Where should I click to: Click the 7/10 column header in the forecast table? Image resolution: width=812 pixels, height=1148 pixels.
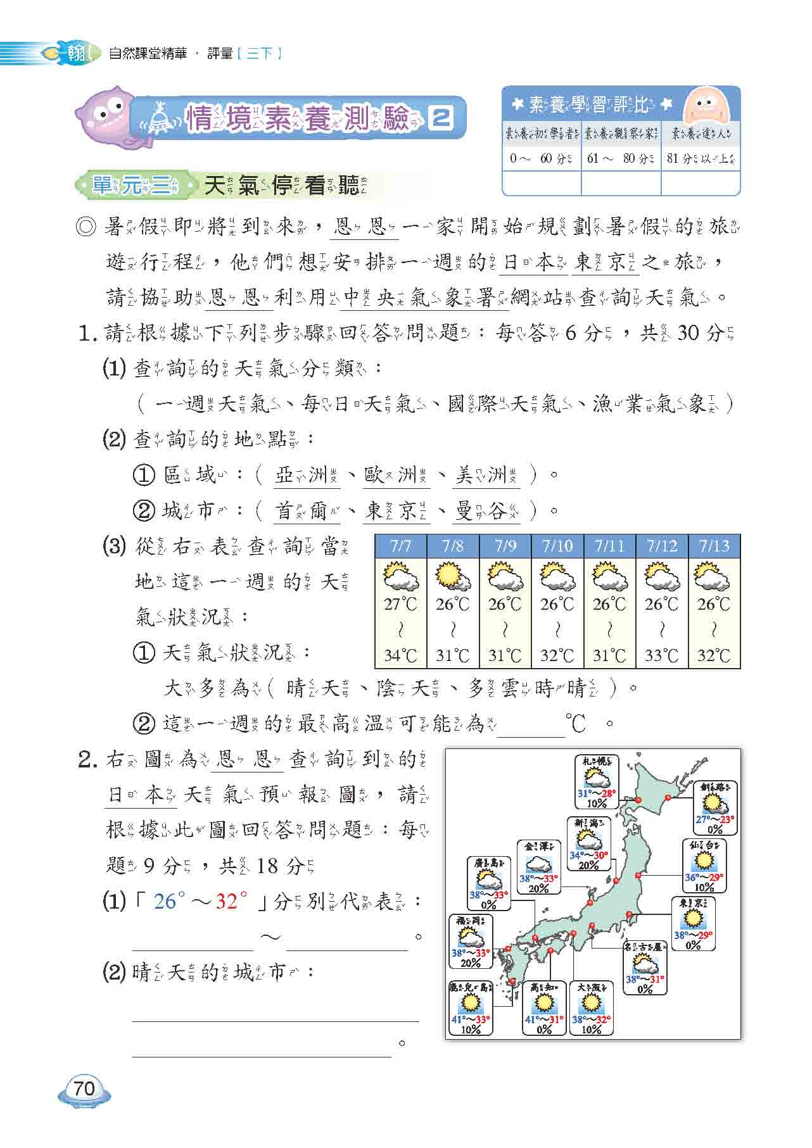(x=557, y=546)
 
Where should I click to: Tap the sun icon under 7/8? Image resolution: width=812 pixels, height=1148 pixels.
(x=452, y=577)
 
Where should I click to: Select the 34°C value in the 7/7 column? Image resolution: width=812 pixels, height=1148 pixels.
(x=400, y=655)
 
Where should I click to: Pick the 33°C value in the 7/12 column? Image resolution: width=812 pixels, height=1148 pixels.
(x=662, y=655)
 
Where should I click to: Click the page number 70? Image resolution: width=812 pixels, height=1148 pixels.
(x=84, y=1089)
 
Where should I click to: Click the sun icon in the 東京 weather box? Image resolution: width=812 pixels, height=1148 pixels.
(x=693, y=918)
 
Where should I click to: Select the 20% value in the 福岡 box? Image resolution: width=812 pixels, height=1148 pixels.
(x=470, y=963)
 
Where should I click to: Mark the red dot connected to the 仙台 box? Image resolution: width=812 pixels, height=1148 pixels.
(x=638, y=876)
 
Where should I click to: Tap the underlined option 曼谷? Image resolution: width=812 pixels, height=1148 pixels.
(x=486, y=511)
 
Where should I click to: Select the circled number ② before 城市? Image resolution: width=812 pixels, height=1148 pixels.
(x=144, y=510)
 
